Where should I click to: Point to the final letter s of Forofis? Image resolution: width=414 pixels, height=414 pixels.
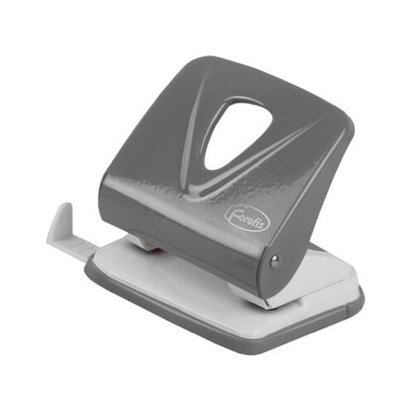point(264,228)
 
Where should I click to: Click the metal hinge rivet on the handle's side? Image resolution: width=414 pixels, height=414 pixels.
point(275,261)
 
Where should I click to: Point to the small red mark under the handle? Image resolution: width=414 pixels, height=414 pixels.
point(157,251)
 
